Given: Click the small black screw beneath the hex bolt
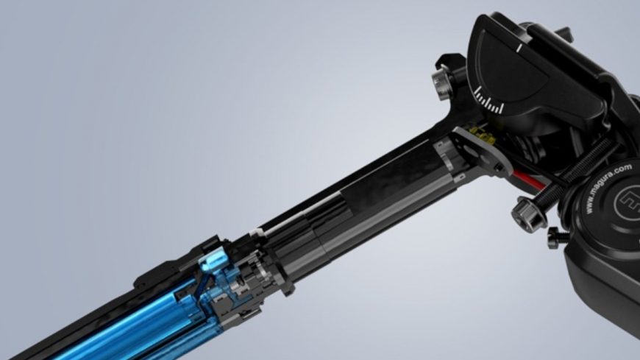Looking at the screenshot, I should point(553,236).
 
